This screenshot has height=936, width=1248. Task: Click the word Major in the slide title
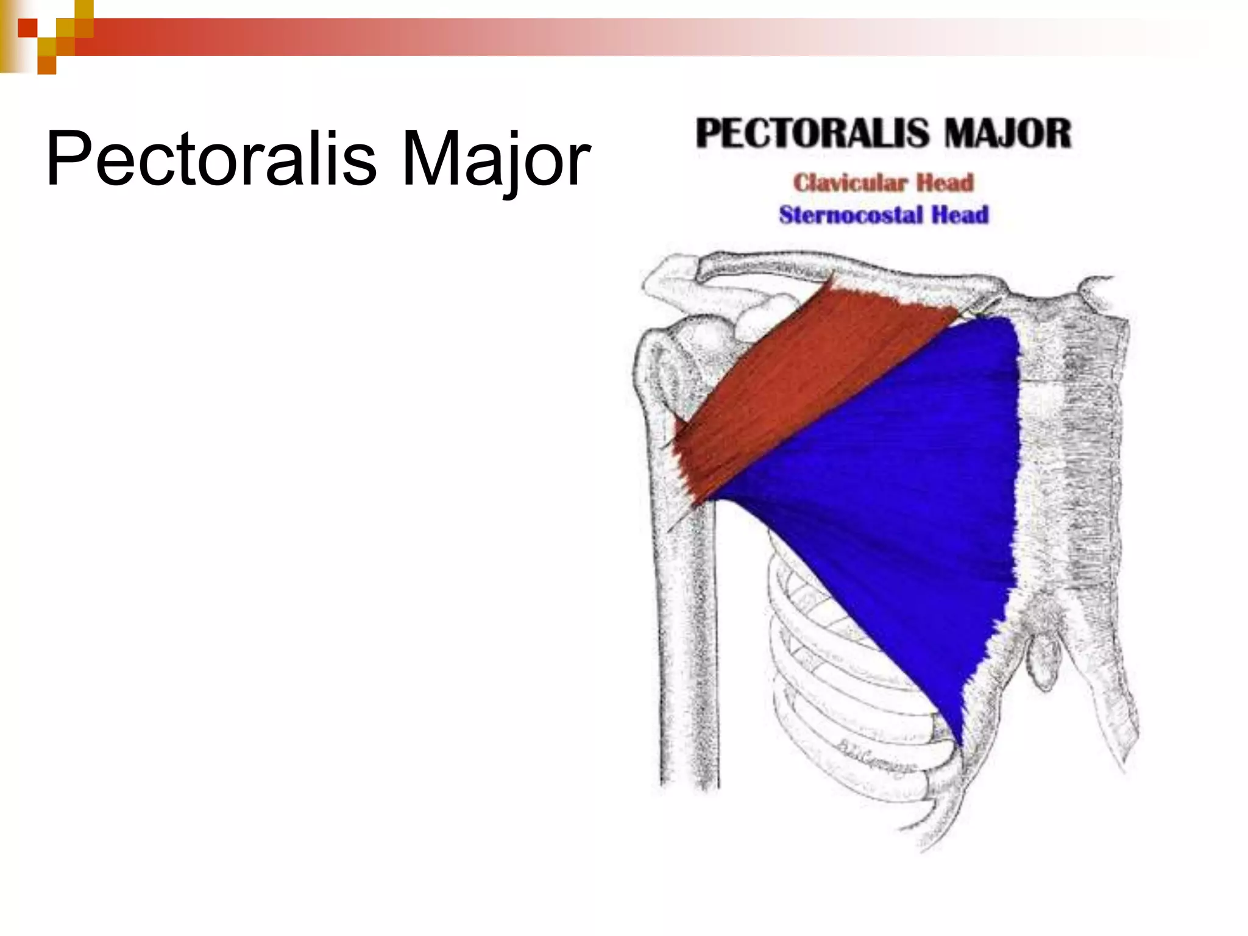coord(495,160)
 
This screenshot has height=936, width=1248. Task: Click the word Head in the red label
coord(945,183)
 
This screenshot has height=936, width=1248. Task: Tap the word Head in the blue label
coord(960,215)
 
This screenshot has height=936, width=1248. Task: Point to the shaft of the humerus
coord(686,640)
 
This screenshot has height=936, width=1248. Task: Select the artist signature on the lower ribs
coord(877,756)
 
